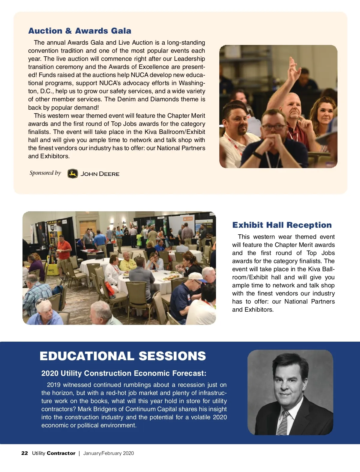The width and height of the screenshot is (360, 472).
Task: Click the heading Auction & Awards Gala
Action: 80,31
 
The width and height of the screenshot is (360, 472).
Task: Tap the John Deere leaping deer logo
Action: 73,174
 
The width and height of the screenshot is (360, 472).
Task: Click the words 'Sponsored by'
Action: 45,173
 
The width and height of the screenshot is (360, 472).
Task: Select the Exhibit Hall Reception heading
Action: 282,225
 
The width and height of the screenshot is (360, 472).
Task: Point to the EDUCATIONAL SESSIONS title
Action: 123,356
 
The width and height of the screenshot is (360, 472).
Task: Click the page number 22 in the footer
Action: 25,453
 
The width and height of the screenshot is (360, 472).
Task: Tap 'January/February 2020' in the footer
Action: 109,453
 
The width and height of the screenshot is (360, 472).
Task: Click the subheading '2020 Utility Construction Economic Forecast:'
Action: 124,373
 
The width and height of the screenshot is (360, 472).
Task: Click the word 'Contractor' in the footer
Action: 61,453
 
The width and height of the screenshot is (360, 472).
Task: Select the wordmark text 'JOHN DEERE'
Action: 100,174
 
